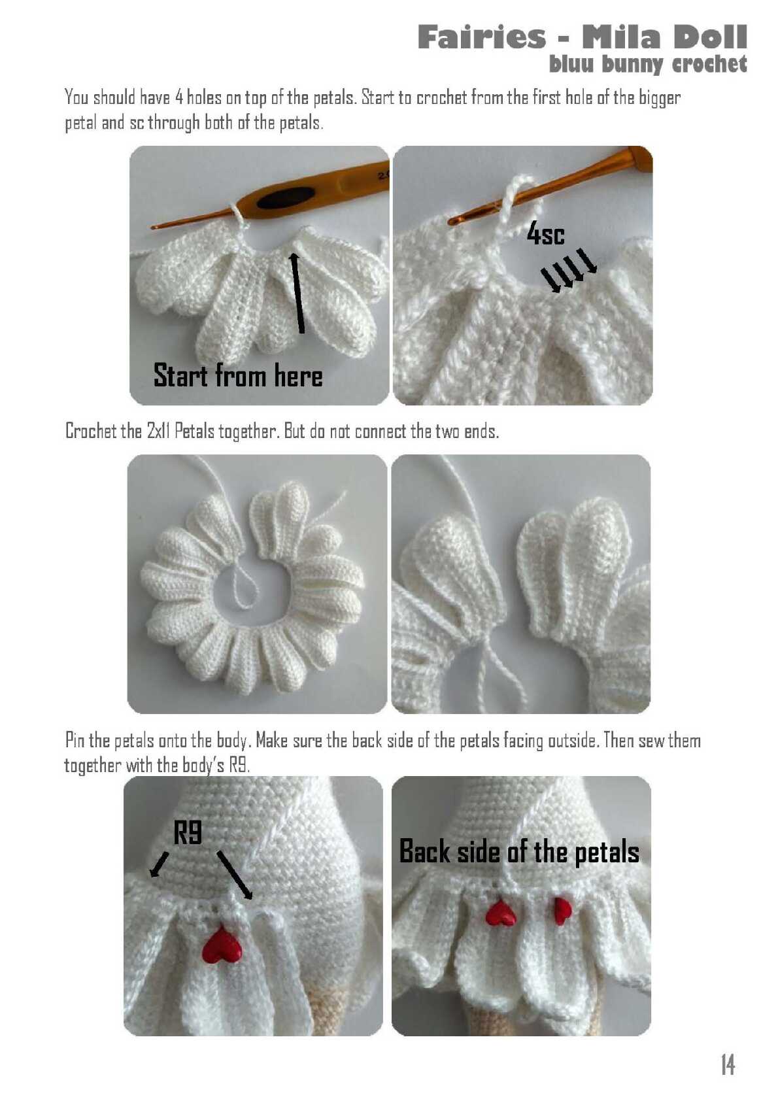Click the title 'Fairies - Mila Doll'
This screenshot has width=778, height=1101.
[x=582, y=37]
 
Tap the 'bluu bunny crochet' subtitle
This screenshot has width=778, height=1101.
[x=648, y=64]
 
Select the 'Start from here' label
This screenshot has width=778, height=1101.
[x=238, y=375]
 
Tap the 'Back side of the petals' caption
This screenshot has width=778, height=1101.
[x=519, y=851]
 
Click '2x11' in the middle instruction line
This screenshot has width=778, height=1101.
[x=158, y=431]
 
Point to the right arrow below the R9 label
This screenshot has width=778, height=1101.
[x=235, y=875]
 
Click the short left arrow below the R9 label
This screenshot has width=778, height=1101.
[x=159, y=864]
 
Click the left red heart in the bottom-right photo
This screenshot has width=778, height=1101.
[x=501, y=913]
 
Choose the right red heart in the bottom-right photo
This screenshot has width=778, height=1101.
[x=561, y=911]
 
